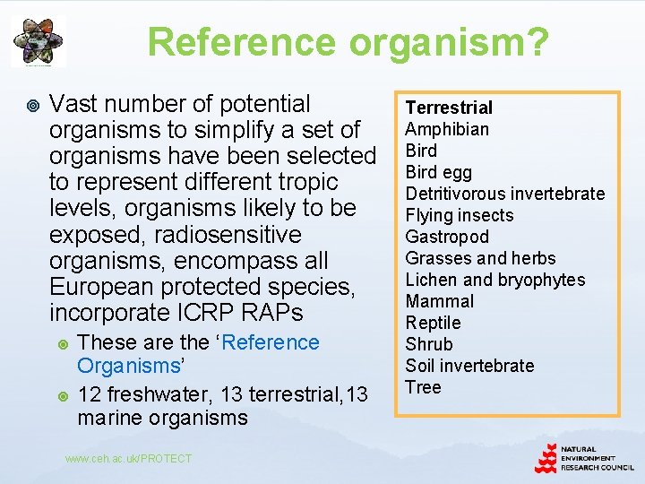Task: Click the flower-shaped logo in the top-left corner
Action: tap(38, 41)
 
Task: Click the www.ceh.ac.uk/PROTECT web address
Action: tap(129, 459)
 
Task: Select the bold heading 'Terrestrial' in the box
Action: tap(449, 108)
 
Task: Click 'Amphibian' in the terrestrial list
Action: tap(447, 129)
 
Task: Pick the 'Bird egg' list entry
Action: tap(438, 172)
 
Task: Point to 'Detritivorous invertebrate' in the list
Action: tap(504, 194)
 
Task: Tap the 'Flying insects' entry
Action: tap(459, 215)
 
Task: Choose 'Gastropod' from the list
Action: tap(447, 237)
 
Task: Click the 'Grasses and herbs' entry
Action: tap(480, 258)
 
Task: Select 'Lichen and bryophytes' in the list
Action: tap(494, 280)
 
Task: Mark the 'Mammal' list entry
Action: tap(439, 301)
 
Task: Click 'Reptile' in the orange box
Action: tap(433, 323)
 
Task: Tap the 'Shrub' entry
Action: tap(429, 344)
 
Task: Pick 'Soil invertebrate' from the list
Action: tap(469, 366)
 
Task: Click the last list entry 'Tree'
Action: tap(423, 387)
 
